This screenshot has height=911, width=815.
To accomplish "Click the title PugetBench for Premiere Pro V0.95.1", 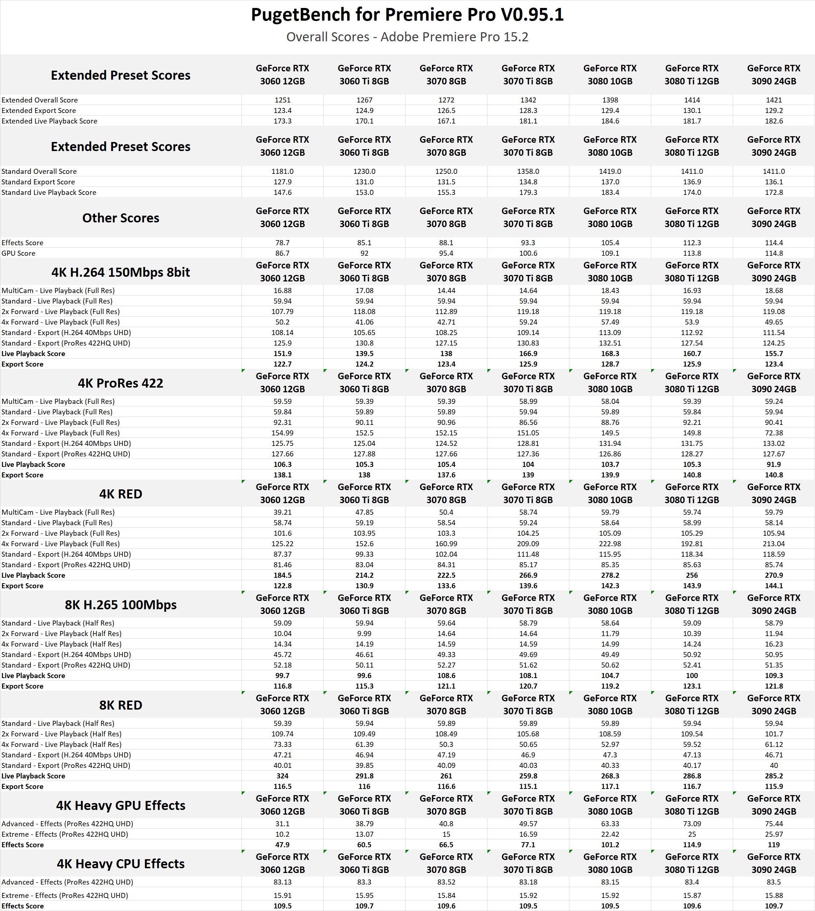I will (x=407, y=15).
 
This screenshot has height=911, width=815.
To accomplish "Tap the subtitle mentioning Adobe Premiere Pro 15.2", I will (x=407, y=37).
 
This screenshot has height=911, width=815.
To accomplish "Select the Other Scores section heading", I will (x=120, y=218).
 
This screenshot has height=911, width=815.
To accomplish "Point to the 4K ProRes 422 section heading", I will (x=120, y=383).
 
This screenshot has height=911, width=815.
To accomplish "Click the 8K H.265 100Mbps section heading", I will (x=120, y=605).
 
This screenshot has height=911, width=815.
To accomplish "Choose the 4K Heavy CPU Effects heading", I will (x=120, y=864).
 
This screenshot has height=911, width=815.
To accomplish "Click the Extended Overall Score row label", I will (x=40, y=100).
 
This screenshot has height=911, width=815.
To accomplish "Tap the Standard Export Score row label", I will (x=38, y=182).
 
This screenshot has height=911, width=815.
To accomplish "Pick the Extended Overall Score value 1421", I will (x=774, y=100).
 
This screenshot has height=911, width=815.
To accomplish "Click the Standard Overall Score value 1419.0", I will (x=610, y=171).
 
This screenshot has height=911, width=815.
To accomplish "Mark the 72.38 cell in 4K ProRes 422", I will (x=774, y=433).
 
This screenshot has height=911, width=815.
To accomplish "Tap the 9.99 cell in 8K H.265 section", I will (x=365, y=634).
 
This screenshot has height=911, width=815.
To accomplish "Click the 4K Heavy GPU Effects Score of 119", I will (x=774, y=845).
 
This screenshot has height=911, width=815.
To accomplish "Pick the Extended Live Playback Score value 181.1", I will (x=528, y=121).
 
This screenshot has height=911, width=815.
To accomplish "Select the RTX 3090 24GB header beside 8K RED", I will (x=774, y=705).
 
